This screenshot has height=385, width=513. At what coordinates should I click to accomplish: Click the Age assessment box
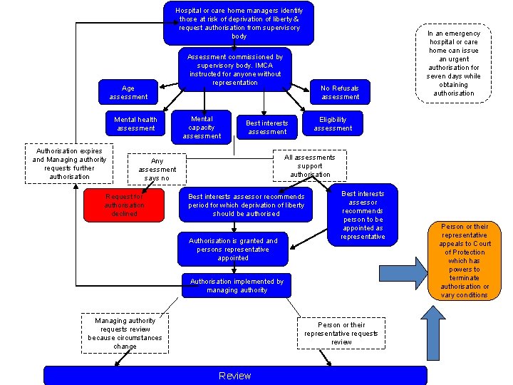click(128, 92)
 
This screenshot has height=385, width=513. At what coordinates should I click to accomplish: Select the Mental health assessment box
click(135, 123)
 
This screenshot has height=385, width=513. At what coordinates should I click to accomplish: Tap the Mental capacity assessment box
click(201, 127)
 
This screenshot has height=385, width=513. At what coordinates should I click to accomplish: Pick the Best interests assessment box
click(267, 127)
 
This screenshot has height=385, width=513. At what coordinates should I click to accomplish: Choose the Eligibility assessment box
click(333, 123)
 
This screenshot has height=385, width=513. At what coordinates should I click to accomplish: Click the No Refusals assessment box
click(340, 92)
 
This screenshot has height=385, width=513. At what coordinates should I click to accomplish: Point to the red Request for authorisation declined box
click(124, 205)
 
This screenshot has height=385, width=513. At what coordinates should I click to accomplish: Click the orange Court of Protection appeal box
click(465, 261)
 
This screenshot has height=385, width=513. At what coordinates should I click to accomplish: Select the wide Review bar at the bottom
click(235, 376)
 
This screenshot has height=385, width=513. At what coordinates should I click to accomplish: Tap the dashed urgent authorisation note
click(453, 63)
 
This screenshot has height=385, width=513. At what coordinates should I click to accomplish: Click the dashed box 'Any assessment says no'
click(157, 169)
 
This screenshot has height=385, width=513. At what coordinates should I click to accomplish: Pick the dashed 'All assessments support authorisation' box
click(310, 165)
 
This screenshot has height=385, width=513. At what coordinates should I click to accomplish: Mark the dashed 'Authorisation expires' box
click(69, 163)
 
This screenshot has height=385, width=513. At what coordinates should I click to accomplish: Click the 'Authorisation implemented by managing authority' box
click(237, 285)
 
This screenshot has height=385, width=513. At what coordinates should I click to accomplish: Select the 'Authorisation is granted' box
click(233, 249)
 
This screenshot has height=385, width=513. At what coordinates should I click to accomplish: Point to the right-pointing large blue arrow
click(403, 273)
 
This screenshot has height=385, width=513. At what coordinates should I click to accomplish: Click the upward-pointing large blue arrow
click(433, 333)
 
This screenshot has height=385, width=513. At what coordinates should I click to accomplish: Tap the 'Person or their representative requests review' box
click(341, 333)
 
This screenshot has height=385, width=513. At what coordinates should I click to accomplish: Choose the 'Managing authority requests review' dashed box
click(125, 333)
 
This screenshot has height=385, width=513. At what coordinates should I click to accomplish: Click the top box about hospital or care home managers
click(239, 23)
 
